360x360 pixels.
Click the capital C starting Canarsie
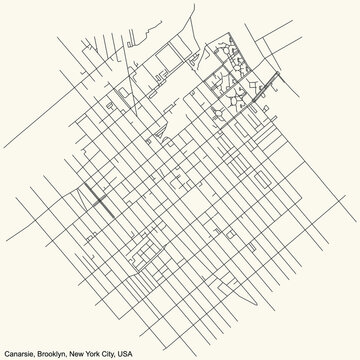click(6, 352)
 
